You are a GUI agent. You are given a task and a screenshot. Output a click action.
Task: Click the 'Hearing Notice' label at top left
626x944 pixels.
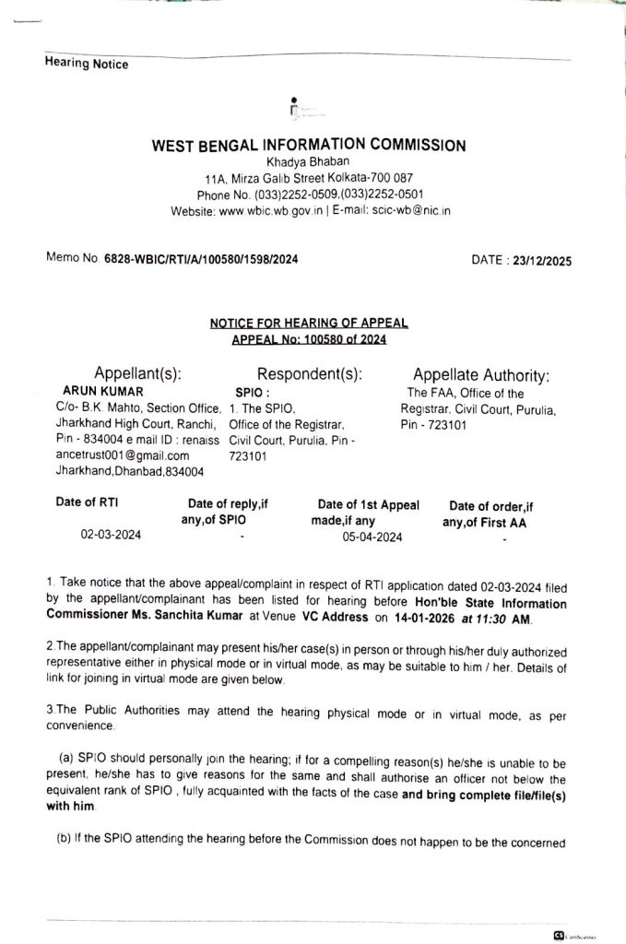(87, 65)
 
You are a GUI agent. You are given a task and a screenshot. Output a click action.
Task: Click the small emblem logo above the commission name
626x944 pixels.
(294, 108)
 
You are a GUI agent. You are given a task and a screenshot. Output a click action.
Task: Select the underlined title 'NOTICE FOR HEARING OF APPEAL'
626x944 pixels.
(308, 324)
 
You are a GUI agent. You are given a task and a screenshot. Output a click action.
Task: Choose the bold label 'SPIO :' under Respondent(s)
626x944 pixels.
(252, 392)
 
